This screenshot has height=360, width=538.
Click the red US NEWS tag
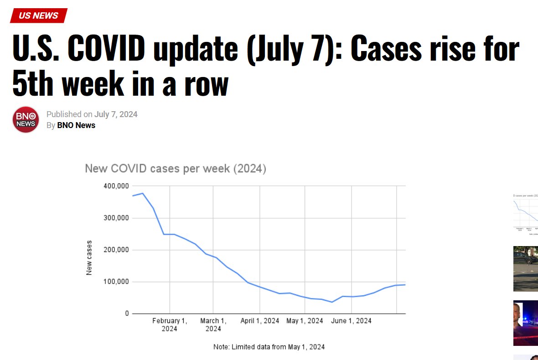tap(39, 15)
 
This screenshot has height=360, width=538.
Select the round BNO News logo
tap(26, 119)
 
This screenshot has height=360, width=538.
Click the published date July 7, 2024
tap(116, 114)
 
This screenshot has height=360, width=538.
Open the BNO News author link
tap(76, 125)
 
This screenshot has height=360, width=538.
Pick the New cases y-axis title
tap(89, 257)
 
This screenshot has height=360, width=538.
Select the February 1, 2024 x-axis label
tap(170, 324)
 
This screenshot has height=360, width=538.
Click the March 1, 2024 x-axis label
tap(213, 324)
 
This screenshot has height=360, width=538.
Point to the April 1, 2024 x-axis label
tap(259, 321)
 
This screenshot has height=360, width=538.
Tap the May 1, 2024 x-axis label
tap(305, 321)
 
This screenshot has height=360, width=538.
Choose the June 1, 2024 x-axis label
tap(351, 321)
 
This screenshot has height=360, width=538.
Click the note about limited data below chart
tap(269, 347)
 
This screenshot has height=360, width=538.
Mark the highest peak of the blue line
tap(143, 193)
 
